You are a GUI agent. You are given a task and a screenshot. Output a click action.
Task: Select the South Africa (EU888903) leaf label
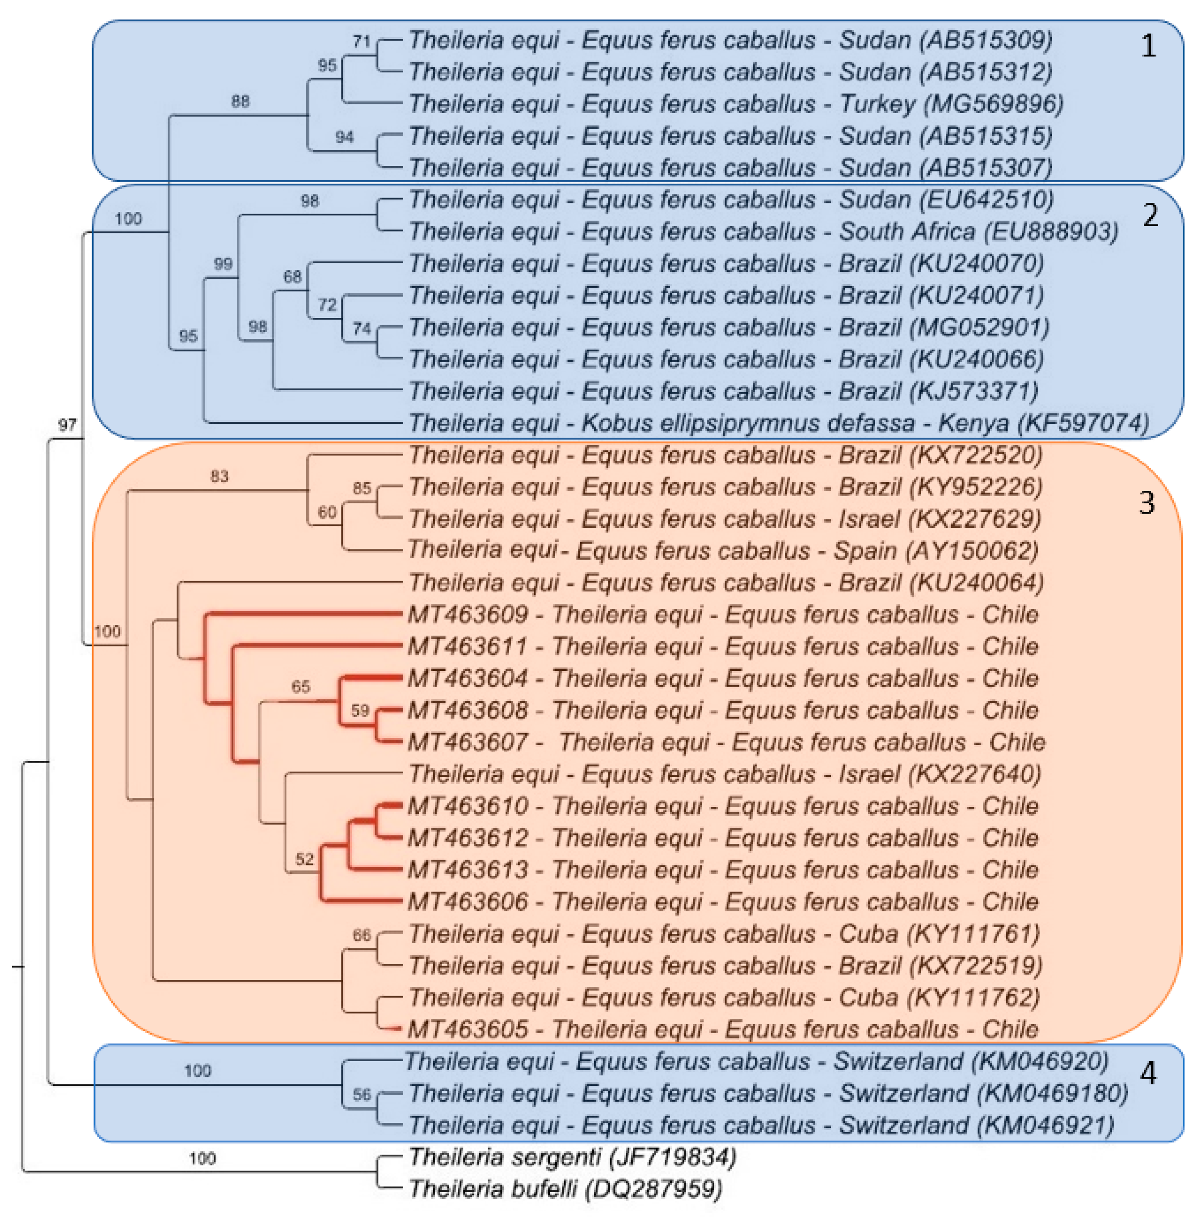(763, 232)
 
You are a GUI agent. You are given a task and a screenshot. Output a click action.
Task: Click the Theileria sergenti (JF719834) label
(572, 1157)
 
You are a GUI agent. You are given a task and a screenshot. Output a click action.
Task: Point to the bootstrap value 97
(67, 425)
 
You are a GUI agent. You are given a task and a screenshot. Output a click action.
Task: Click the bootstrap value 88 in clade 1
(240, 101)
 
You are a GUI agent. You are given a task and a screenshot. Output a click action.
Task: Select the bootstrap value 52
(304, 859)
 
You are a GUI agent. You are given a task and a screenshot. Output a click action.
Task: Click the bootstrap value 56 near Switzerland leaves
(362, 1094)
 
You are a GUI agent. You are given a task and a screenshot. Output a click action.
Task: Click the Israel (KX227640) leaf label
(724, 774)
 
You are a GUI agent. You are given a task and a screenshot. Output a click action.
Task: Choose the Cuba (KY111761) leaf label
(724, 934)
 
